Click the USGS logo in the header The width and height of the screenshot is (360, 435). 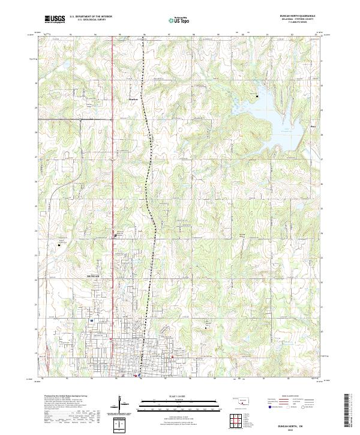[x=55, y=19]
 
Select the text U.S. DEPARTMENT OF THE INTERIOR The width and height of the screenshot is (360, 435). [x=91, y=17]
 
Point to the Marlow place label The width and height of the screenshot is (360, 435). [x=134, y=100]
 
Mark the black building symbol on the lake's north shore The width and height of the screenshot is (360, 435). [x=258, y=96]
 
